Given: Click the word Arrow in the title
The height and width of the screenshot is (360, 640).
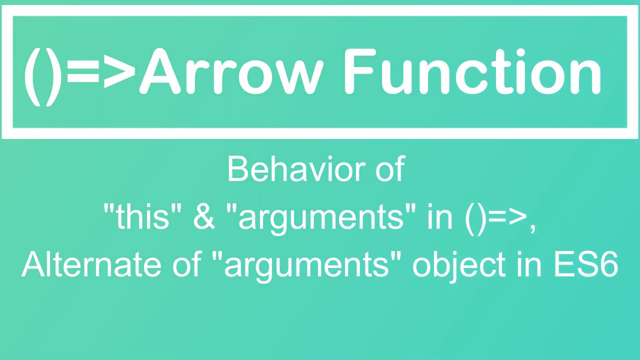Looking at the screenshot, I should [x=231, y=72].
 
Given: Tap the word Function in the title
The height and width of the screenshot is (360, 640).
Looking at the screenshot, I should [x=472, y=72].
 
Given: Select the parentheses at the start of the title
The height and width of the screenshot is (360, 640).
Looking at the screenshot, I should [x=42, y=75].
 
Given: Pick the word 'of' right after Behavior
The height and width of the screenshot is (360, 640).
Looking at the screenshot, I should [x=389, y=169].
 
